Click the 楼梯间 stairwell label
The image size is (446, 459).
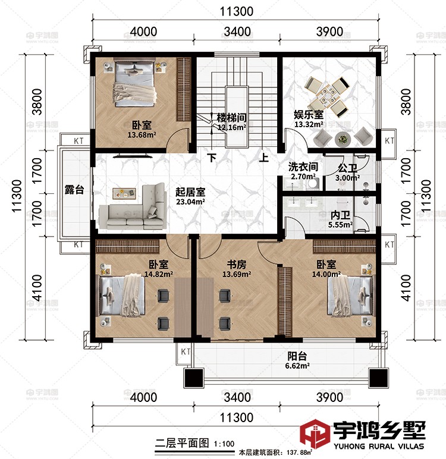tap(231, 117)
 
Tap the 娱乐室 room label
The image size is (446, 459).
tap(309, 115)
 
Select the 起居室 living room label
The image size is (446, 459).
tap(190, 192)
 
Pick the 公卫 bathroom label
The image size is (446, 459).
tap(347, 168)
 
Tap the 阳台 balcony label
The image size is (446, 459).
tap(297, 356)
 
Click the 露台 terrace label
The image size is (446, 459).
tap(74, 190)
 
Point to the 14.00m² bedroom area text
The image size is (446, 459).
tap(327, 274)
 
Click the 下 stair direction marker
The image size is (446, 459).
tap(212, 158)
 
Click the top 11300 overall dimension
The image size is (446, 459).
tap(236, 11)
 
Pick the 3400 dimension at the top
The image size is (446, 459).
tap(236, 31)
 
